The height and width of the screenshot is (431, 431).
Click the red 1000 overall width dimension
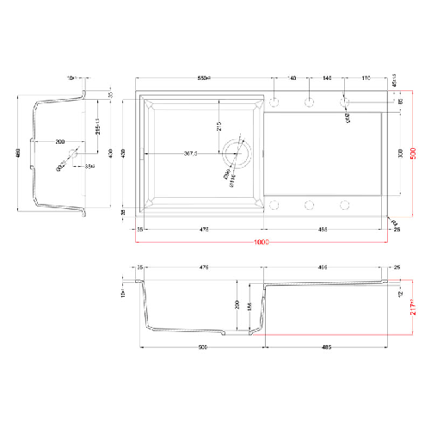point(262,243)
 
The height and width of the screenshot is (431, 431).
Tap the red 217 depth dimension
point(412,305)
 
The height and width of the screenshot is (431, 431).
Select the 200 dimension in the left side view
point(59,140)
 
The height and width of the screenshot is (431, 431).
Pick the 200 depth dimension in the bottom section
point(237,305)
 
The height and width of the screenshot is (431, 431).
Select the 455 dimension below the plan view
point(323,230)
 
